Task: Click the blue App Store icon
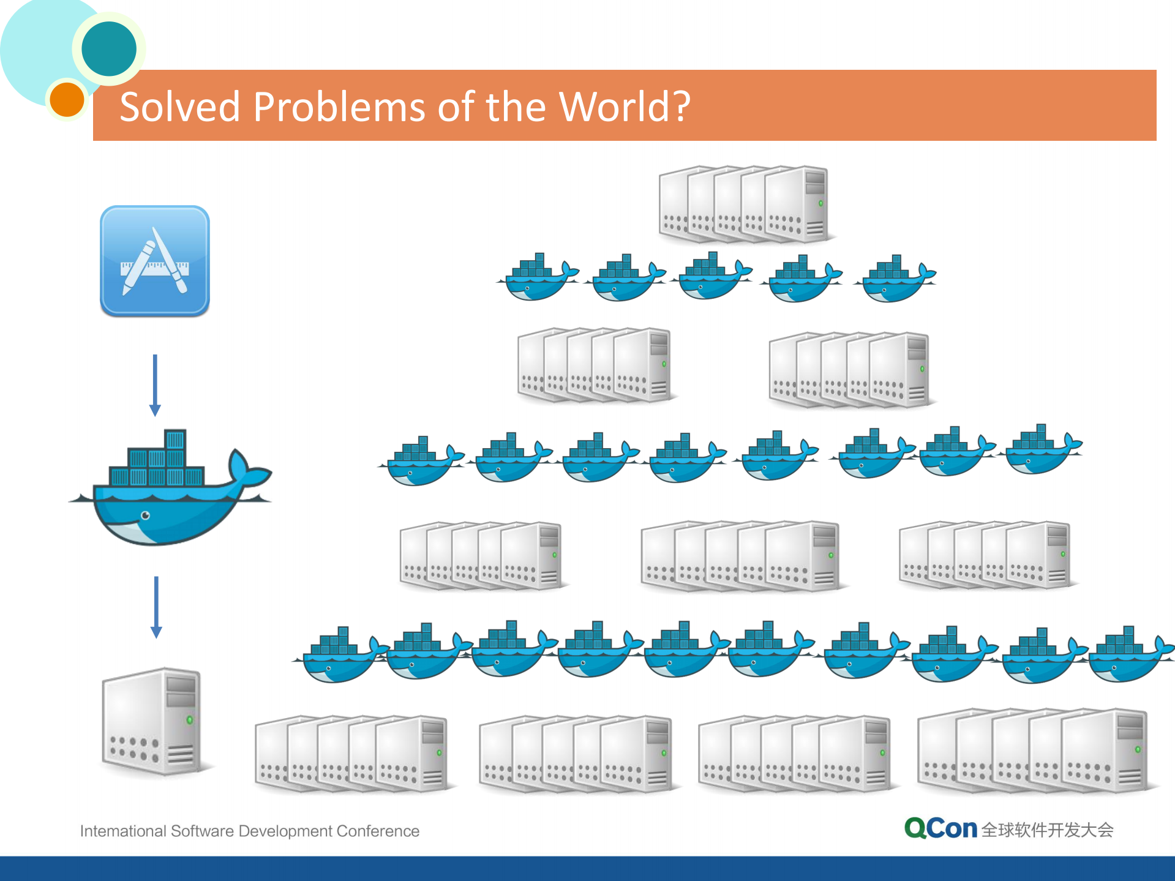coord(155,261)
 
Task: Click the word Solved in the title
coord(179,107)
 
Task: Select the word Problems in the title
coord(339,107)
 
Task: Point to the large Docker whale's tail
coord(248,471)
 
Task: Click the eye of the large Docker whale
coord(146,515)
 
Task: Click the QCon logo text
coord(940,828)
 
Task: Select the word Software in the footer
coord(202,831)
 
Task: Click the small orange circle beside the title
coord(67,99)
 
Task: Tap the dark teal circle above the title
coord(109,49)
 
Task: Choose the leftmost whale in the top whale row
coord(538,279)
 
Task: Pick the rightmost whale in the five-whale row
coord(898,280)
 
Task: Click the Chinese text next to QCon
coord(1047,830)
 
